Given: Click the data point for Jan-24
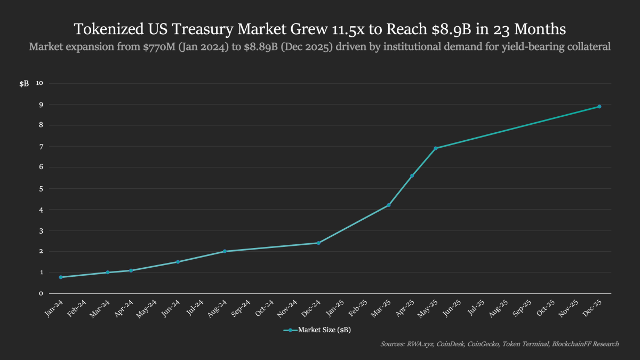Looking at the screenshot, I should tap(61, 277).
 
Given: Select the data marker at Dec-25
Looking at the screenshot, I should tap(599, 107).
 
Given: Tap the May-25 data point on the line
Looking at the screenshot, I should tap(436, 148).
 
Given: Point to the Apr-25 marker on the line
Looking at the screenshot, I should tap(412, 175).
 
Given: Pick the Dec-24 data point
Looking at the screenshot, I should tap(318, 243).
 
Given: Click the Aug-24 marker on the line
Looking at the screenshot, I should tap(225, 251).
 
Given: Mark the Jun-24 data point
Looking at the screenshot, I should tap(178, 262).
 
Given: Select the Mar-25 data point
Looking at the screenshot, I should tap(389, 205).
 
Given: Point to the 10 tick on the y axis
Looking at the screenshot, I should tap(39, 83).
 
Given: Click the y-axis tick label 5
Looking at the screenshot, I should tap(41, 188).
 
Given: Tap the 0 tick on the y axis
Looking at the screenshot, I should tap(41, 293).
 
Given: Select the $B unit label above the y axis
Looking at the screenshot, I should tap(24, 84).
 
